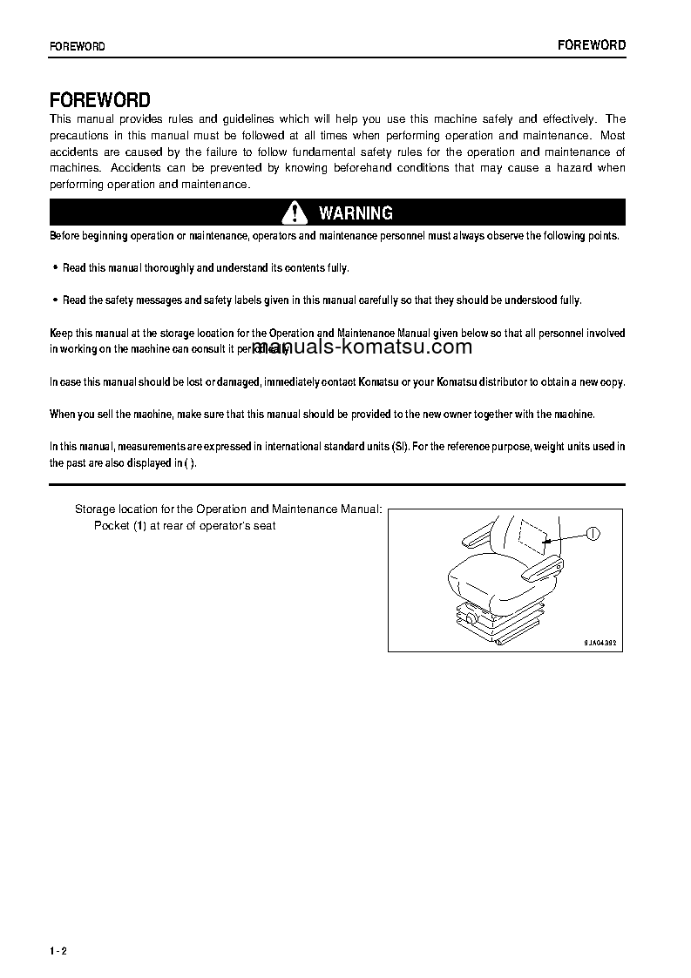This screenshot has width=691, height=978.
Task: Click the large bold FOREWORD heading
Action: point(100,100)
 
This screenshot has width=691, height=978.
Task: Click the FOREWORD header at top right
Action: point(592,44)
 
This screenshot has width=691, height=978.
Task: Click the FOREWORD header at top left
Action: point(78,46)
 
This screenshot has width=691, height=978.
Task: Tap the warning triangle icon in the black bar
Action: point(295,212)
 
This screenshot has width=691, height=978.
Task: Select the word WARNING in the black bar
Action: point(356,213)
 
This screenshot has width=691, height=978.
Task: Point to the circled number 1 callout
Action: point(593,533)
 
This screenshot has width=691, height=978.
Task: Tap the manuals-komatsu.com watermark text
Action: point(362,347)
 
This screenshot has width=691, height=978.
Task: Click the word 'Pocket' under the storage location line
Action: point(112,526)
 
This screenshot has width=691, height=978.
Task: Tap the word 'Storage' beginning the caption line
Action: point(96,509)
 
